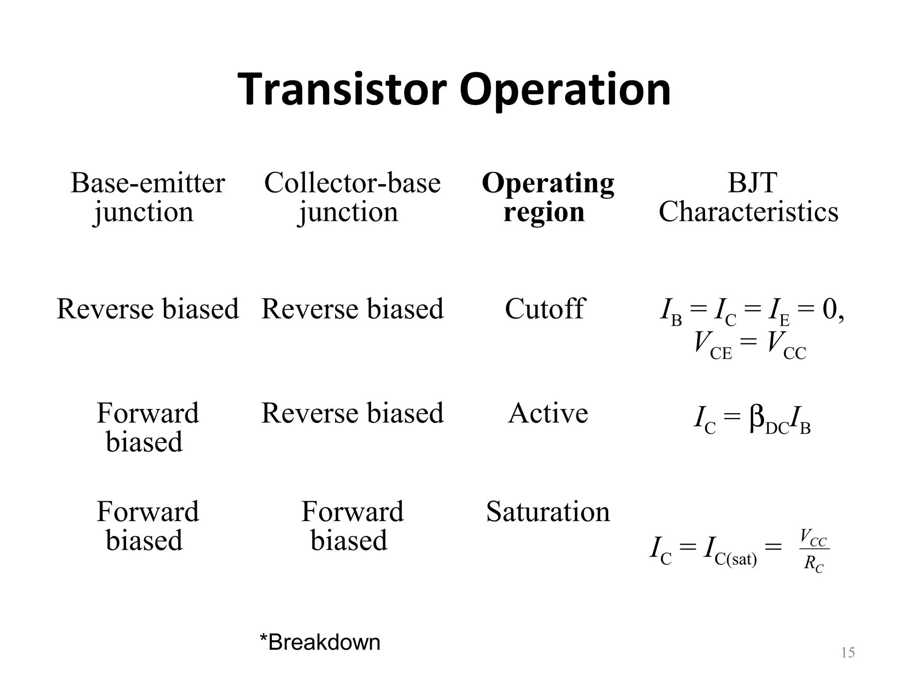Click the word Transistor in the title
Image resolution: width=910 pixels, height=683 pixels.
point(342,90)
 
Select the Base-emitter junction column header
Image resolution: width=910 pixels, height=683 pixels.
point(148,197)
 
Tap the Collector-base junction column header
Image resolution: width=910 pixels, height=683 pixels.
point(352,197)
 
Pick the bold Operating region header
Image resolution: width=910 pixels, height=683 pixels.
point(547,197)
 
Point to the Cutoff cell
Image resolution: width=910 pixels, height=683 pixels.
point(545,309)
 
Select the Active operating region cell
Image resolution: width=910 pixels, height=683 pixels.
point(547,413)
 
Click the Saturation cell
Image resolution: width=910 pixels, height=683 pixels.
point(547,511)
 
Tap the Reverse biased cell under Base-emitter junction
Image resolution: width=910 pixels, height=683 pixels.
point(148,309)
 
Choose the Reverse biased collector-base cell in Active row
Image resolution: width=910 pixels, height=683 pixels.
point(352,413)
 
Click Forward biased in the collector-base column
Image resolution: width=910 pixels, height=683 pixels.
point(352,526)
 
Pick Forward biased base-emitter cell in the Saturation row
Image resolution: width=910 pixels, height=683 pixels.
point(148,526)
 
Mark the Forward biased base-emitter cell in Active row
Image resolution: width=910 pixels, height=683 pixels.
point(148,427)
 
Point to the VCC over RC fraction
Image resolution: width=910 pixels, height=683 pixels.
point(814,550)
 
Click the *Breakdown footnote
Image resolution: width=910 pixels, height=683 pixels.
point(320,642)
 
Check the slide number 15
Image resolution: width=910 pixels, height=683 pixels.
point(848,653)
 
